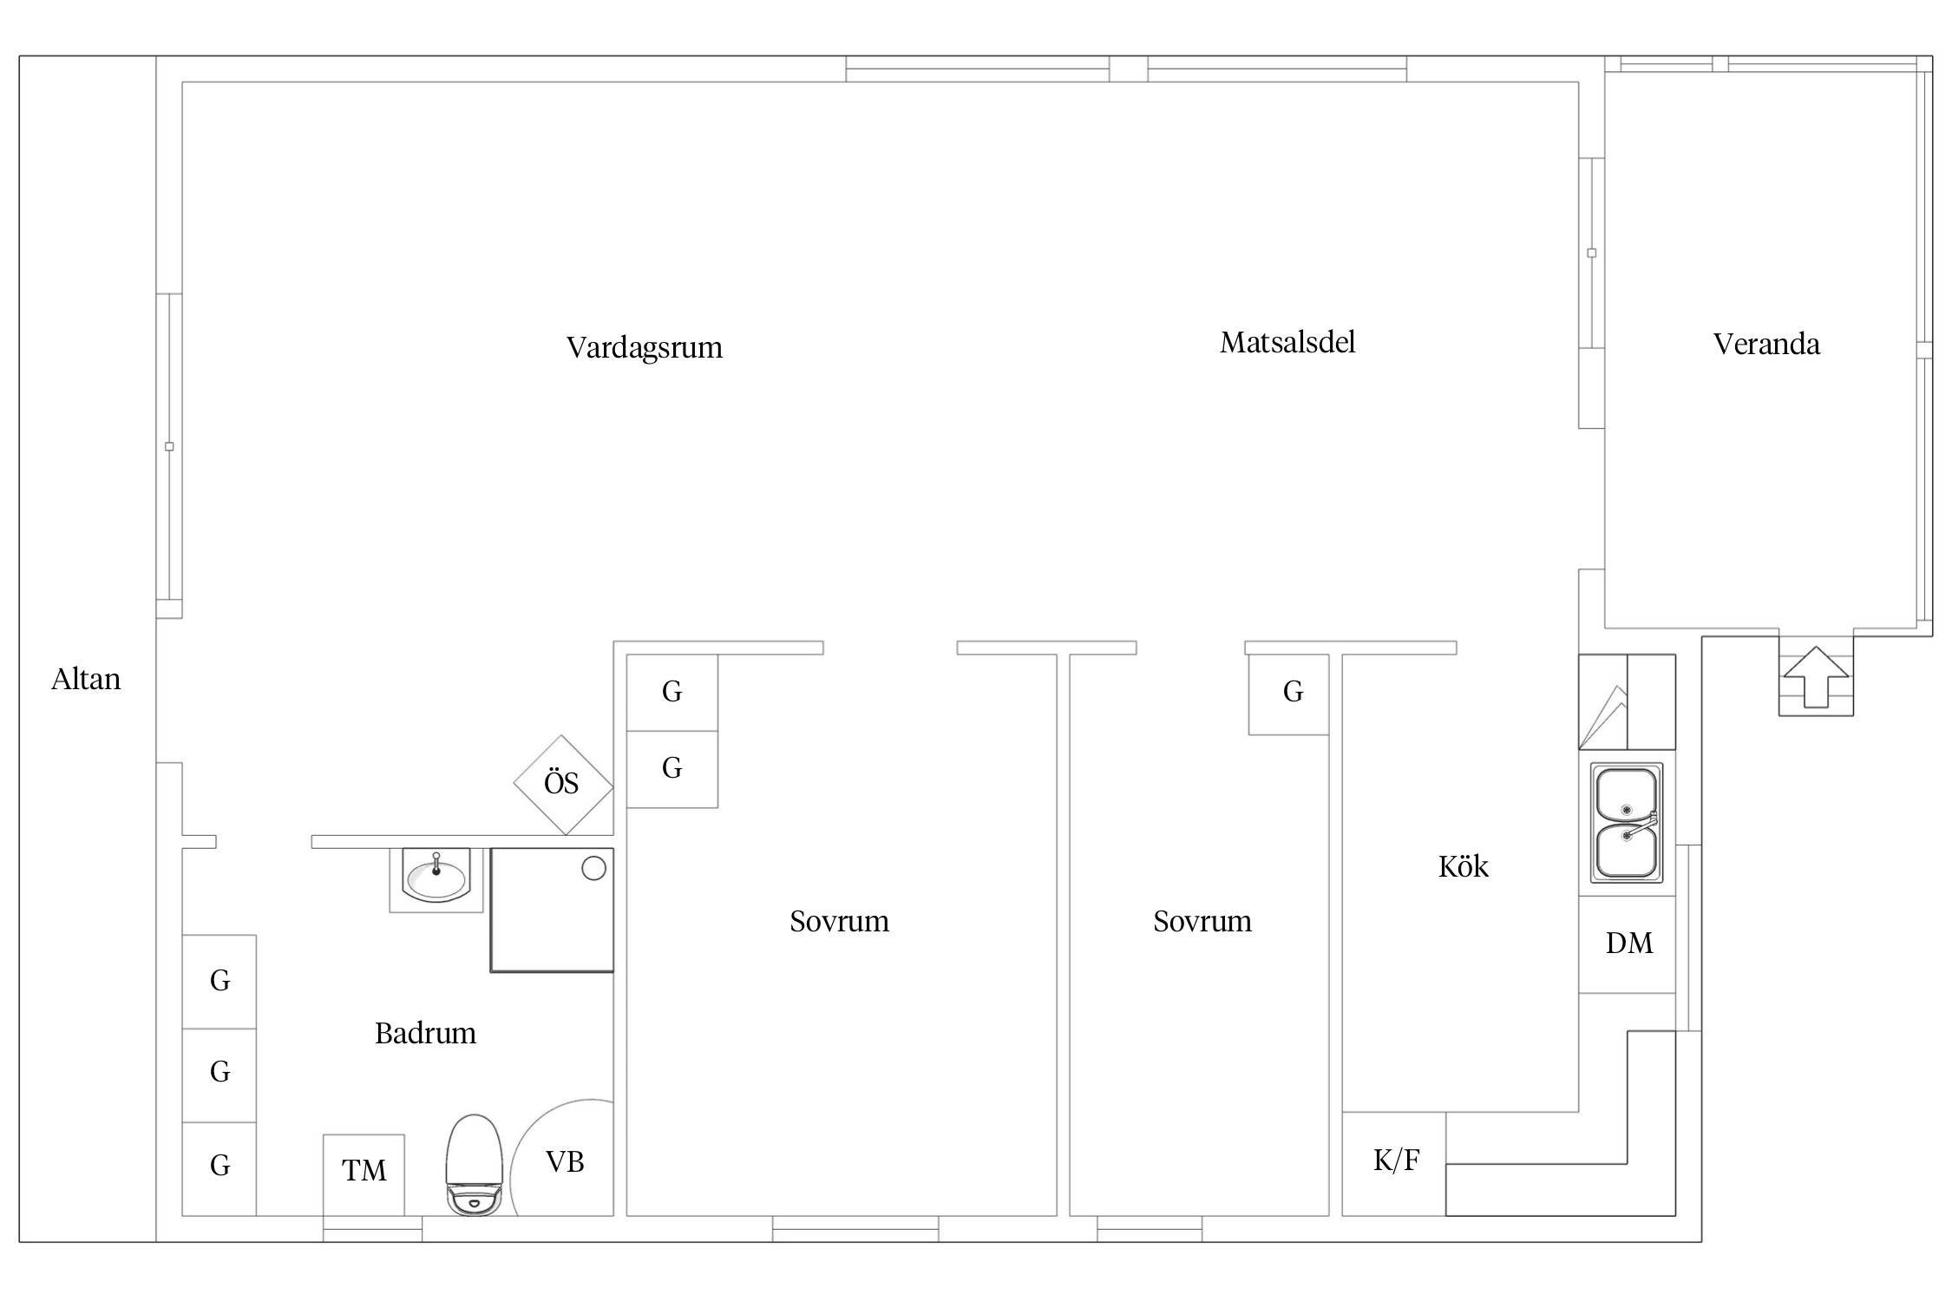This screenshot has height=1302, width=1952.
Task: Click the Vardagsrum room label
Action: coord(645,348)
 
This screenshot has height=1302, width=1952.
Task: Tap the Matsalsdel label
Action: coord(1287,343)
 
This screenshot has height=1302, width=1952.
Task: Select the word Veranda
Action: coord(1766,345)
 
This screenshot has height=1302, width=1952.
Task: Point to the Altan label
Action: coord(86,679)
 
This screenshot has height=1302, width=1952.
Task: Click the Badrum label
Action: coord(425,1033)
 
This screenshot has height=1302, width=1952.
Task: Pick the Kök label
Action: coord(1464,866)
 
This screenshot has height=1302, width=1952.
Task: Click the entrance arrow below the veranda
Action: coord(1816,677)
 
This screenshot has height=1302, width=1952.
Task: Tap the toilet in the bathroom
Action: coord(474,1164)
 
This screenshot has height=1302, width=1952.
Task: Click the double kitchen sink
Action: coord(1627,823)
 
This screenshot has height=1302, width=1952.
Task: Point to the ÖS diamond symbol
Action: coord(563,785)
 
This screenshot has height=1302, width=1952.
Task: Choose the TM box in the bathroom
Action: coord(364,1174)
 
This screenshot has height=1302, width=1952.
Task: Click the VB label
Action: coord(565,1161)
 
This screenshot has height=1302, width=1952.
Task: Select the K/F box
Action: coord(1394,1163)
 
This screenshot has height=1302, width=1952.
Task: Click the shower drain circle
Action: coord(593,868)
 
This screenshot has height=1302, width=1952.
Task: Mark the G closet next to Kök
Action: coord(1289,694)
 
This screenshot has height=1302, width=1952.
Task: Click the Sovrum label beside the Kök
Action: coord(1202,921)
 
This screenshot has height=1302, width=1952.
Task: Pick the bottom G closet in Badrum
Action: coord(219,1168)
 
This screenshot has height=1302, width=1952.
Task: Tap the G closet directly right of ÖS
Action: coord(672,769)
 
